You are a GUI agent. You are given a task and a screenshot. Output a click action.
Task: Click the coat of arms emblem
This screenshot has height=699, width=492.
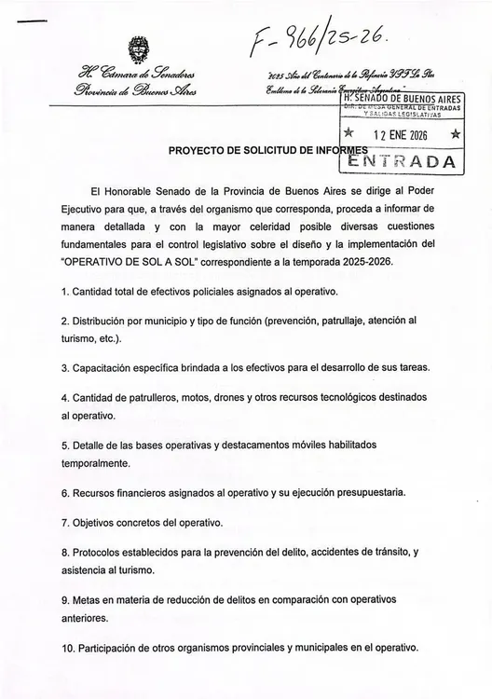pyautogui.click(x=136, y=49)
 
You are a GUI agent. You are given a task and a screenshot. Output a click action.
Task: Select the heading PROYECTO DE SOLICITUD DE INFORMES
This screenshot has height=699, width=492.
pyautogui.click(x=270, y=151)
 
